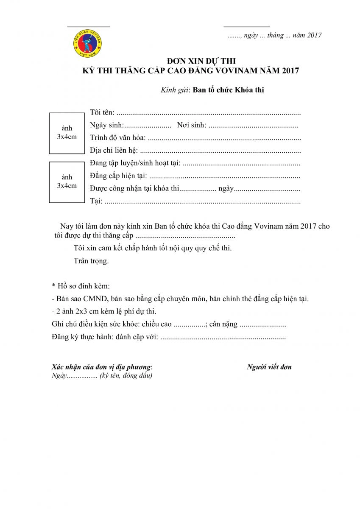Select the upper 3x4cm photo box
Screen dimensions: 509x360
[67, 133]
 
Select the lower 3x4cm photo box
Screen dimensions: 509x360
[67, 182]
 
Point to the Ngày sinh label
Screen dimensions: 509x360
[106, 125]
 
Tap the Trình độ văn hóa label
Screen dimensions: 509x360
[118, 138]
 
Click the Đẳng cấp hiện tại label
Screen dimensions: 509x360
[118, 176]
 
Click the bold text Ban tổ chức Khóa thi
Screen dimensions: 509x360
[229, 90]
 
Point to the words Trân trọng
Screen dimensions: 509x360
[91, 261]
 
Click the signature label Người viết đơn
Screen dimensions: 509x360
[269, 367]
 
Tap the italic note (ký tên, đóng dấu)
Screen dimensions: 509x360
[126, 375]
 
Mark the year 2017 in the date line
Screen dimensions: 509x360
[314, 35]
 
